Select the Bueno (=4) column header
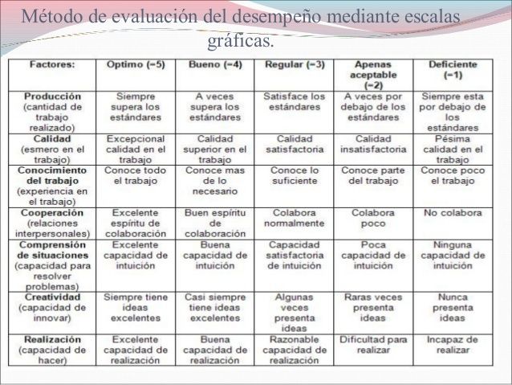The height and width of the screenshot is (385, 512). tap(214, 63)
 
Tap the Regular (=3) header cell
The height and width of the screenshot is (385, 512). tap(294, 63)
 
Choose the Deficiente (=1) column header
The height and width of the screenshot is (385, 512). tap(453, 68)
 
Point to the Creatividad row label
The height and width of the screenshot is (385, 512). tap(53, 297)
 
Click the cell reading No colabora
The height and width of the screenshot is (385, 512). tap(453, 213)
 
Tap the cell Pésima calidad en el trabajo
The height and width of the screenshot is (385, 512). tap(453, 149)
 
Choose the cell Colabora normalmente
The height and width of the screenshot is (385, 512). tap(294, 219)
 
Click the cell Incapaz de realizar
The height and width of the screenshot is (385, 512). tap(453, 344)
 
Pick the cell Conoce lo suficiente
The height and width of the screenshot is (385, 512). tap(294, 176)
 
